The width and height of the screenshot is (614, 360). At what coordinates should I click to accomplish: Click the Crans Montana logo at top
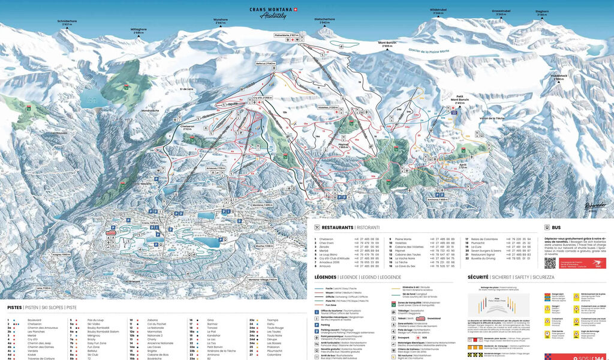tap(273, 12)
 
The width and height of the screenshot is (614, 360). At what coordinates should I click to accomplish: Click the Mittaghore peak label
tap(139, 30)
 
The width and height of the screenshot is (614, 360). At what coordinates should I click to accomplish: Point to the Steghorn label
tap(542, 12)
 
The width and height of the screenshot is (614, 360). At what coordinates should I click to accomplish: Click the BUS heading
tap(556, 228)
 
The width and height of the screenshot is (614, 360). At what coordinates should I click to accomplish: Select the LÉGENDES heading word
tap(329, 277)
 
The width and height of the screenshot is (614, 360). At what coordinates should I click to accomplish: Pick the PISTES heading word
tap(15, 307)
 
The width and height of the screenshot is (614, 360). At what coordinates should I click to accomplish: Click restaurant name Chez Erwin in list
tap(326, 242)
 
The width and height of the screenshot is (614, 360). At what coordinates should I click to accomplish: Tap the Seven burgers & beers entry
tap(487, 250)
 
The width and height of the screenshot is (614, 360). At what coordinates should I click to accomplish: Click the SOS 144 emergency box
tap(578, 356)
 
